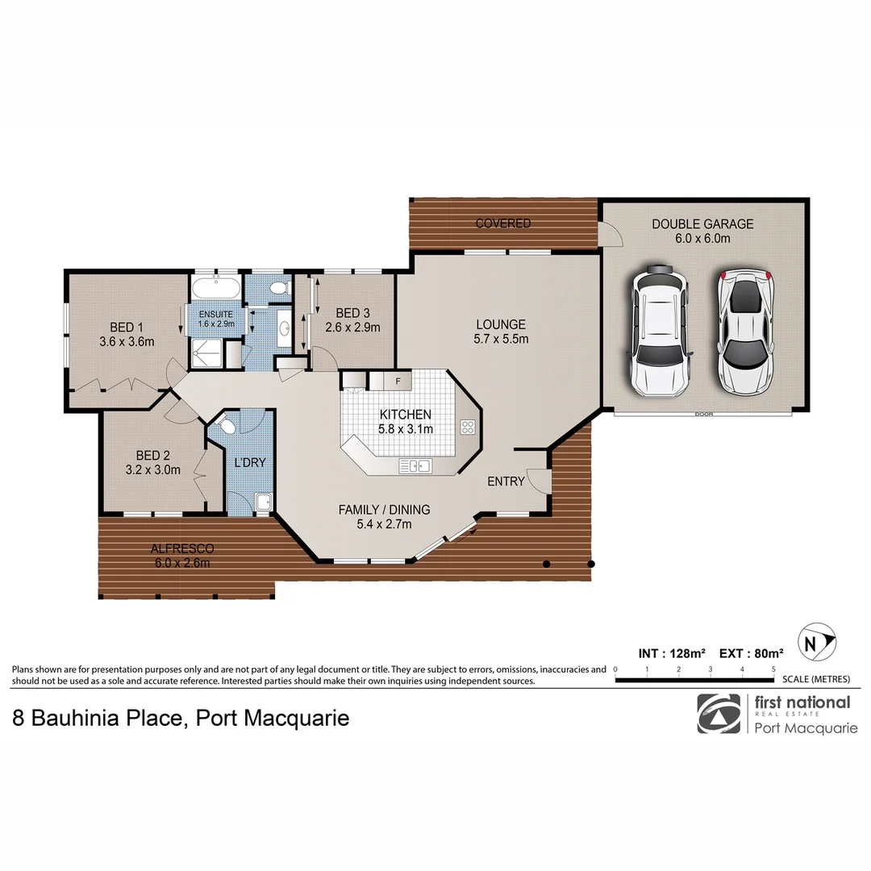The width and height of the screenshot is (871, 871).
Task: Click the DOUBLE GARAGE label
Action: point(702,224)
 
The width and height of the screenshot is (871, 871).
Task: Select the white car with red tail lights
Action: point(746,331)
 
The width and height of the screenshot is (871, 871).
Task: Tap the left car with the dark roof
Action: point(660,331)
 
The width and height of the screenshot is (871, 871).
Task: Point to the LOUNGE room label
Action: point(500,325)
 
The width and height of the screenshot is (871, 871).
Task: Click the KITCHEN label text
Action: point(406,415)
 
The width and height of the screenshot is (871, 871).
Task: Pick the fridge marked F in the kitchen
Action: point(397,380)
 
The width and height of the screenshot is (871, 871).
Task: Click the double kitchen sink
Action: point(415,465)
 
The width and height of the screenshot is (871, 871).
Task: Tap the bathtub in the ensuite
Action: point(215,288)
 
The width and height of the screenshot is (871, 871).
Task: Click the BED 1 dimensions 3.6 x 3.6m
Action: point(127,342)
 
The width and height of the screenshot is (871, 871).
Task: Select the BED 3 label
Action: point(352,313)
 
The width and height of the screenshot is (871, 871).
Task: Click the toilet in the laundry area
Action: point(227,427)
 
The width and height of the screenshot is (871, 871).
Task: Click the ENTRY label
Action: point(506,481)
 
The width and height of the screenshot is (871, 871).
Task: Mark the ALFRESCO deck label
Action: point(181,548)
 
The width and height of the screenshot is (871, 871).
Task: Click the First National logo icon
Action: point(718,713)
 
